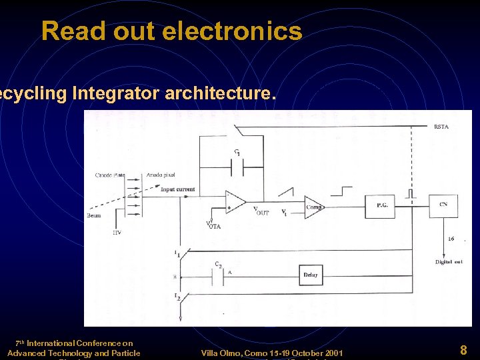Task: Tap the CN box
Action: pyautogui.click(x=443, y=206)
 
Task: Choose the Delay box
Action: pyautogui.click(x=310, y=275)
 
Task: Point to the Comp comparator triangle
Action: pyautogui.click(x=313, y=207)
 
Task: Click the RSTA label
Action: pyautogui.click(x=441, y=127)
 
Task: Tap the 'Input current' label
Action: pyautogui.click(x=178, y=189)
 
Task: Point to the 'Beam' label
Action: pyautogui.click(x=93, y=215)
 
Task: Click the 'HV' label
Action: pyautogui.click(x=117, y=233)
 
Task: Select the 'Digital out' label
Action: pyautogui.click(x=449, y=262)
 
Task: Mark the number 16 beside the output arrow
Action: pyautogui.click(x=451, y=239)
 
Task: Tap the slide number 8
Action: pyautogui.click(x=463, y=349)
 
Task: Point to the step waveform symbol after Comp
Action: pyautogui.click(x=345, y=191)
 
